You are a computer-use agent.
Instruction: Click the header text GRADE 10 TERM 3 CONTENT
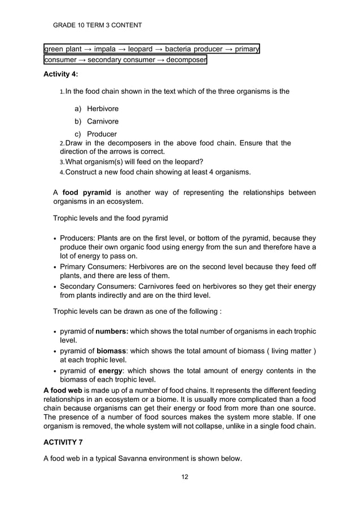pos(97,25)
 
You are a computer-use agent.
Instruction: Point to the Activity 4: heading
pos(61,74)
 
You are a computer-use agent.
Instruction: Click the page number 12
pos(185,477)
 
